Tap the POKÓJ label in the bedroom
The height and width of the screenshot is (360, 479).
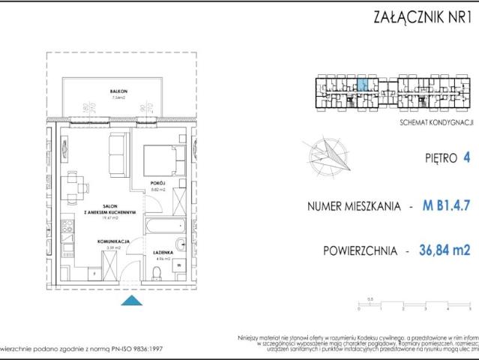157,182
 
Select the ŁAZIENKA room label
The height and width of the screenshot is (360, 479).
164,253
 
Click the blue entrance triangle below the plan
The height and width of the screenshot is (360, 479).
132,301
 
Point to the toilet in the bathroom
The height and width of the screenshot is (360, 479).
181,242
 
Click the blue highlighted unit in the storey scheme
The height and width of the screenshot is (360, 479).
362,84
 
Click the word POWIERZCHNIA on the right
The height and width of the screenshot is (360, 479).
357,250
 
